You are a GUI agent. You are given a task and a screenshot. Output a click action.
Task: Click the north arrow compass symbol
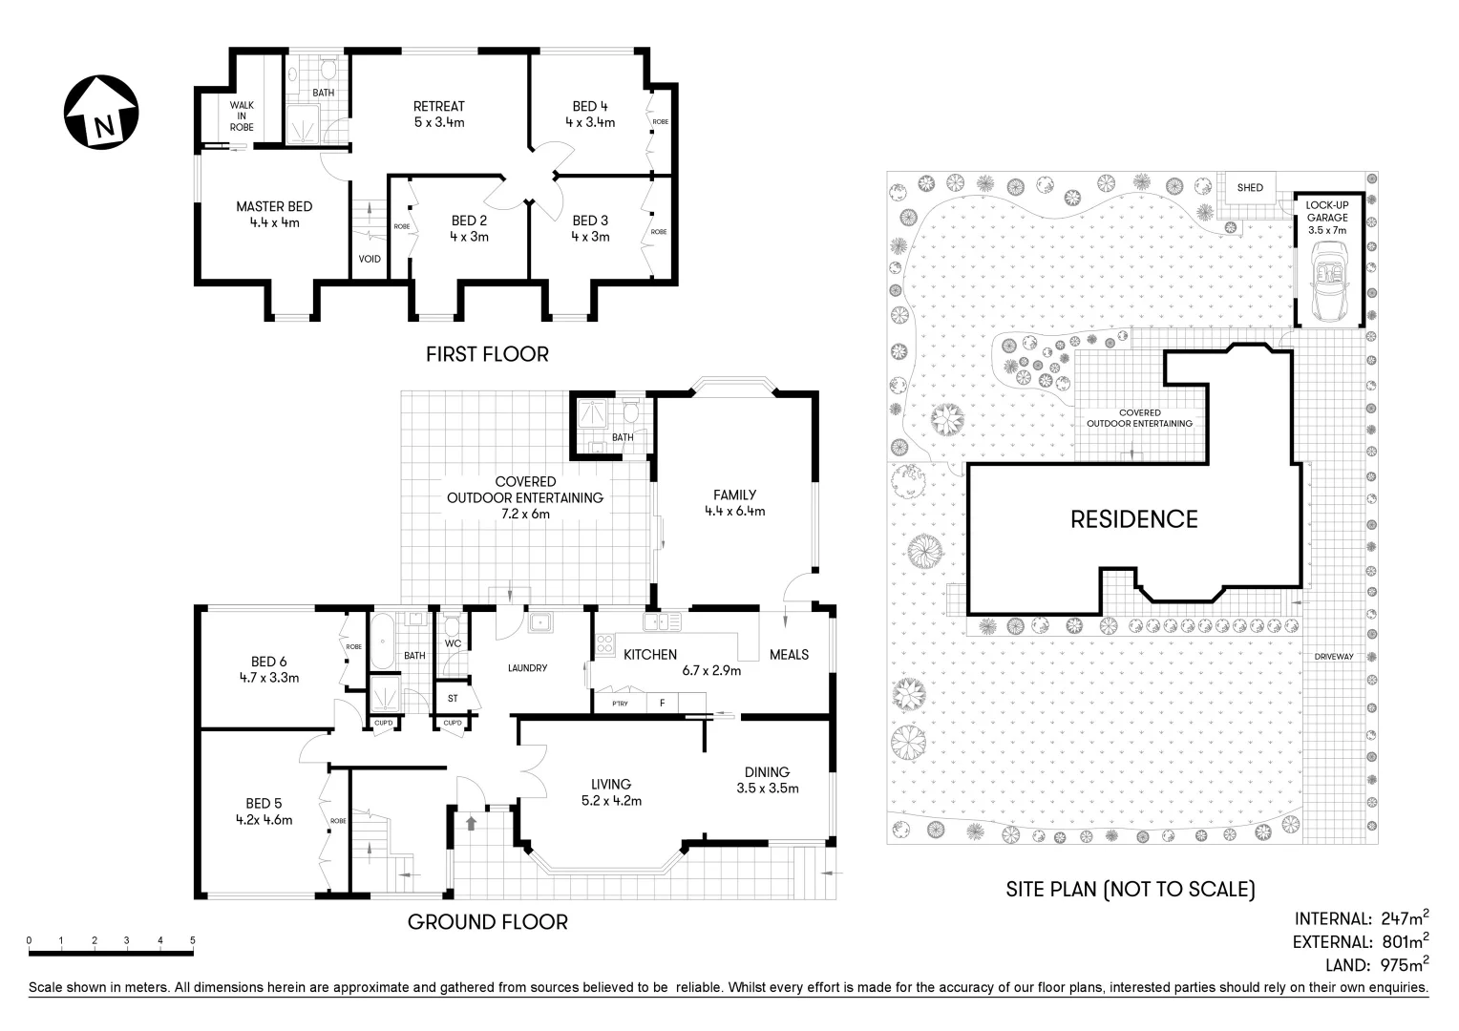click(101, 112)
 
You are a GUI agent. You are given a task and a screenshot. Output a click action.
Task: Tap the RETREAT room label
click(439, 106)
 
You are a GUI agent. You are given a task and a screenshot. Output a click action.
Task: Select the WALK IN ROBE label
click(242, 116)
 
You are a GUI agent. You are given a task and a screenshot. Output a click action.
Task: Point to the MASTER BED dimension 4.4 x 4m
click(274, 222)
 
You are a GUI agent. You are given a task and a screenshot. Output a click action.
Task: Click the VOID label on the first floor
click(370, 260)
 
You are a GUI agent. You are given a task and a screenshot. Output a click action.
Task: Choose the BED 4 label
click(590, 106)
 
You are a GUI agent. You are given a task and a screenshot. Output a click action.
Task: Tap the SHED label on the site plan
click(1250, 187)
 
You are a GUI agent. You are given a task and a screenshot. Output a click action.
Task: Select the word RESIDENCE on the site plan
click(1134, 519)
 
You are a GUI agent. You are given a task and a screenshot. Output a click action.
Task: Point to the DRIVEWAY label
click(1334, 657)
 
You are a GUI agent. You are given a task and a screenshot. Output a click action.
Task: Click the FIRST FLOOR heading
click(487, 354)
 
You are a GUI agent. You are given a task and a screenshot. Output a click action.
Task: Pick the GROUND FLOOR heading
click(488, 922)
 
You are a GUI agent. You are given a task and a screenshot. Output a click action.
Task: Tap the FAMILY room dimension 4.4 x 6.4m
click(734, 512)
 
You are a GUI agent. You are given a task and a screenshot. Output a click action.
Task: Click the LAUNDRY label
click(528, 667)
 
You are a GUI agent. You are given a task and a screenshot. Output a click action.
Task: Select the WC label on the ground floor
click(453, 643)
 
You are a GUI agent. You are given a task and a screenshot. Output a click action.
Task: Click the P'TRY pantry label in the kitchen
click(620, 704)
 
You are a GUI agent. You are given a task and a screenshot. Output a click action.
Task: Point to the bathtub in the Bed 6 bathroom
click(382, 641)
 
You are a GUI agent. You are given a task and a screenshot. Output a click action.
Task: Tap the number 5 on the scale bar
click(192, 940)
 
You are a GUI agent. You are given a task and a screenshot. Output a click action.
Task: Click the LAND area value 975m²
click(1405, 964)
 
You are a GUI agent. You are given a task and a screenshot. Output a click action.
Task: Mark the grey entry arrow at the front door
click(471, 823)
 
